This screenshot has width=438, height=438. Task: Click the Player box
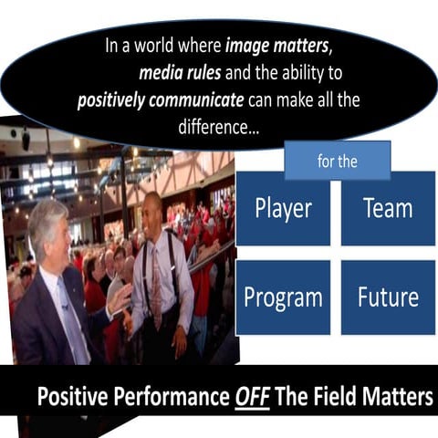pos(283,208)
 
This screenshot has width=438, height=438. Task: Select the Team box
pos(389,208)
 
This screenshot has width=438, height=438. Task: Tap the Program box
pos(283,297)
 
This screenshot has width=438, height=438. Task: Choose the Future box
pos(389,297)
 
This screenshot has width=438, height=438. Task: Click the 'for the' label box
pos(338,162)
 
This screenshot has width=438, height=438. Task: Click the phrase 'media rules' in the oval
pos(179,71)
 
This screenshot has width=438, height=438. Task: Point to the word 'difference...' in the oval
pos(216,129)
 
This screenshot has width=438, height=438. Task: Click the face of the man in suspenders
pos(153,212)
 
